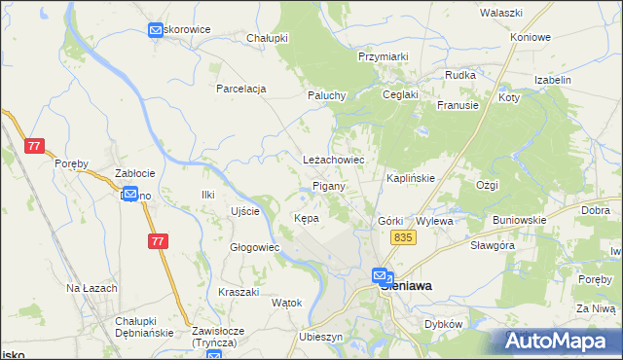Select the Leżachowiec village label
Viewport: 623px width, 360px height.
coord(334,159)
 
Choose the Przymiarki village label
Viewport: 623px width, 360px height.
coord(383,57)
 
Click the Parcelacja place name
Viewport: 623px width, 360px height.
coord(241,89)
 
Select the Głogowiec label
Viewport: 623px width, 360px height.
coord(254,247)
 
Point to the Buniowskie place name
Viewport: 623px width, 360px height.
coord(519,220)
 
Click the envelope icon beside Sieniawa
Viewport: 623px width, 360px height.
coord(383,277)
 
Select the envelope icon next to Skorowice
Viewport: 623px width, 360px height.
coord(156,30)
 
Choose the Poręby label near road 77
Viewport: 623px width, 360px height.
coord(72,162)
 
